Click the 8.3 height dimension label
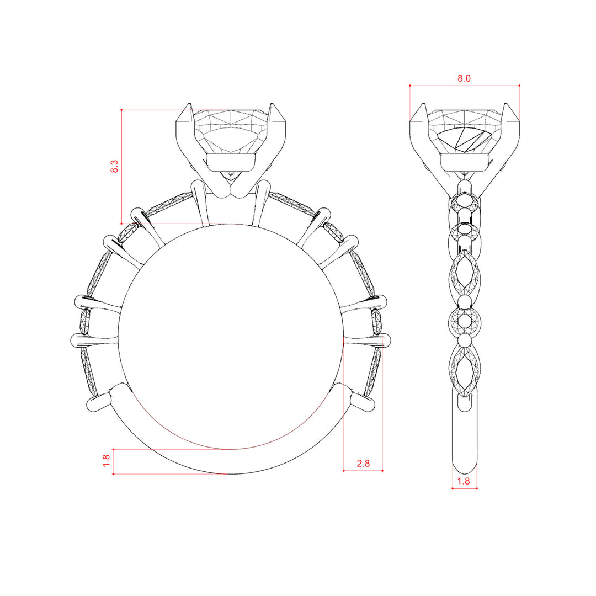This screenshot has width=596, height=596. point(114,167)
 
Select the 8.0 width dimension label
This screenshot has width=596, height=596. point(464,78)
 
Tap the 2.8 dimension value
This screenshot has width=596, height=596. point(363,464)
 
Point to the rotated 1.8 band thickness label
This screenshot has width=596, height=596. point(107,461)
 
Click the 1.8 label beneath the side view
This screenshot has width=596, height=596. point(464,481)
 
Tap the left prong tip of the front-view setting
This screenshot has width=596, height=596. point(189,103)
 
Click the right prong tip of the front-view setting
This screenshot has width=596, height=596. point(272,103)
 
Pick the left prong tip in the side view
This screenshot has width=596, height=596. point(423,103)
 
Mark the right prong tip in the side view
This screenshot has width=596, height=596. point(506,103)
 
